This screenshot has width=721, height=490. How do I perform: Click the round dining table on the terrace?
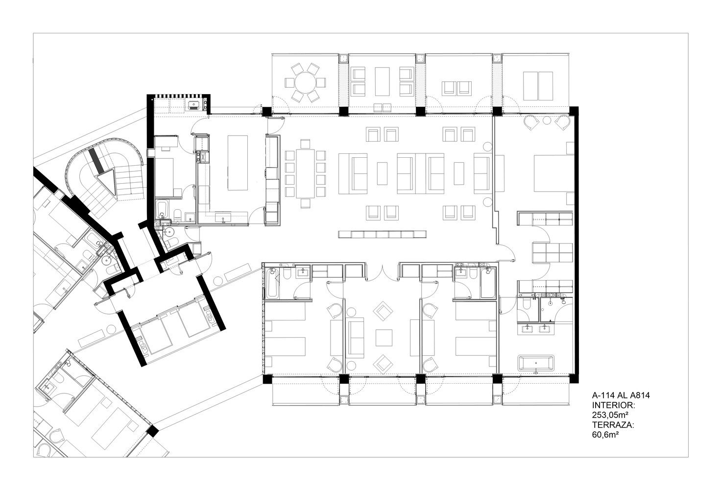pyautogui.click(x=305, y=82)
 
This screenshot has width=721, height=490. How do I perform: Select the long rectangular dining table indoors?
pyautogui.click(x=306, y=173)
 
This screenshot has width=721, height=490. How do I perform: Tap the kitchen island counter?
pyautogui.click(x=238, y=163)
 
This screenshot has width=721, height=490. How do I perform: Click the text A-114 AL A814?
pyautogui.click(x=621, y=395)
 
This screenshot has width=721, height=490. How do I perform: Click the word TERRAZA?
pyautogui.click(x=613, y=425)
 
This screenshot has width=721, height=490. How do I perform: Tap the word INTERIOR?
pyautogui.click(x=614, y=405)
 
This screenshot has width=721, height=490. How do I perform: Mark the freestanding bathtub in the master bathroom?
pyautogui.click(x=536, y=363)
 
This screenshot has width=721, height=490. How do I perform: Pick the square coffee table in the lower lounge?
pyautogui.click(x=384, y=338)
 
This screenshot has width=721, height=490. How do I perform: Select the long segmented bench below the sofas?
pyautogui.click(x=383, y=234)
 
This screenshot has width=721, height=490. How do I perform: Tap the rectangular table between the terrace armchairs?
pyautogui.click(x=382, y=81)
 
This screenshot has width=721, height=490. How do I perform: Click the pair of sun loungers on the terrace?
pyautogui.click(x=538, y=86)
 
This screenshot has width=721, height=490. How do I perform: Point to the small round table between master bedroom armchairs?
pyautogui.click(x=547, y=121)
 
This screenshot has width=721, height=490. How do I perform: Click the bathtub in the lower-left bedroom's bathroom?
pyautogui.click(x=272, y=283)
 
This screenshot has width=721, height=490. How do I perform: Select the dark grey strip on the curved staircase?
pyautogui.click(x=96, y=161)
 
